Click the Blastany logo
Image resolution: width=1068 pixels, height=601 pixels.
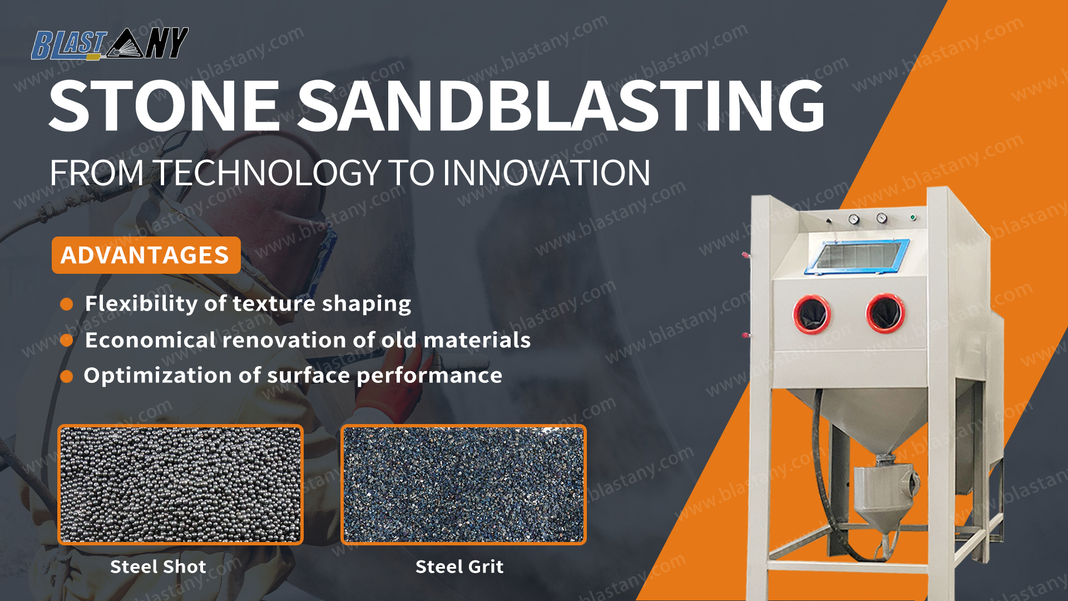click(110, 43)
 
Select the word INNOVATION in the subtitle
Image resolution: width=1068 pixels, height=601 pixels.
click(546, 173)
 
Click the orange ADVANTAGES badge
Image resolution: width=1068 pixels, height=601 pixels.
click(146, 255)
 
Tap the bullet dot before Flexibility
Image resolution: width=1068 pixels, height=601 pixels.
click(67, 304)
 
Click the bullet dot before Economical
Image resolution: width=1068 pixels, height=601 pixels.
click(67, 340)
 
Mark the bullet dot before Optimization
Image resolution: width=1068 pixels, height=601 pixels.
click(67, 377)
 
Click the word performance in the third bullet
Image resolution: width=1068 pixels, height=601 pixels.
click(429, 376)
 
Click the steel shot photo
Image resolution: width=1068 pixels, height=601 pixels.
click(180, 485)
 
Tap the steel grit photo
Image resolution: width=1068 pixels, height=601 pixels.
click(463, 485)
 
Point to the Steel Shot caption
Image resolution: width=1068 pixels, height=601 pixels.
click(158, 566)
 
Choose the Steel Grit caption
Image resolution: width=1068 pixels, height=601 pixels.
click(459, 566)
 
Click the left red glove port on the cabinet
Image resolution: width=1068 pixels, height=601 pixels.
click(812, 314)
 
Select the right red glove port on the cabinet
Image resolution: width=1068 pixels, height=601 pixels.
click(885, 313)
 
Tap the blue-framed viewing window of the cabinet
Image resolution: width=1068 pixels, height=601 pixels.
click(858, 257)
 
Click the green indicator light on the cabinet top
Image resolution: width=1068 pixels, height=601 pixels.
click(913, 217)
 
